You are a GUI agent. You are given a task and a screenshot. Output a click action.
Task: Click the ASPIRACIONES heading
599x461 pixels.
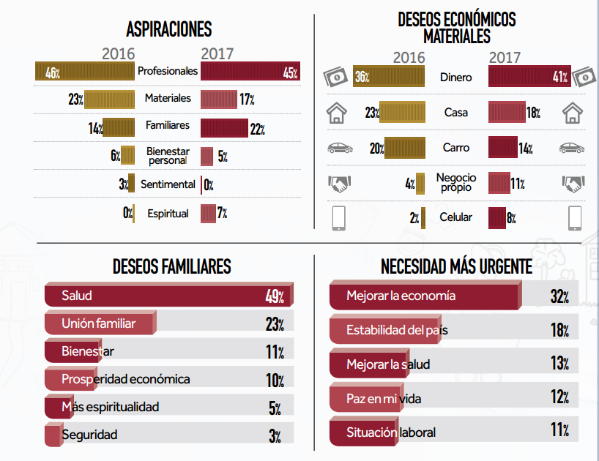[168, 29]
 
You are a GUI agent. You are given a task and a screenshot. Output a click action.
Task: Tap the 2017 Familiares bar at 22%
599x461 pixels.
[224, 128]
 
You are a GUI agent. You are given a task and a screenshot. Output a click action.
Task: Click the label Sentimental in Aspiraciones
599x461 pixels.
[168, 184]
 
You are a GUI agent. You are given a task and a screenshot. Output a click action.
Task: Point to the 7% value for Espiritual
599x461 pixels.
[222, 214]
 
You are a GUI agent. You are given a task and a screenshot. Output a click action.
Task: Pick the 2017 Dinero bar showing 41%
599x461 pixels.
[524, 77]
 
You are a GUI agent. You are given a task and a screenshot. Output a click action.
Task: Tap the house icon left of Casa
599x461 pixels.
[336, 113]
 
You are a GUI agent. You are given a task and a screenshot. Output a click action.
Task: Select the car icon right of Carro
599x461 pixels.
[572, 148]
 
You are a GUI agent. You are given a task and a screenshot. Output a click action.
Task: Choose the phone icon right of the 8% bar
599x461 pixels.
[575, 217]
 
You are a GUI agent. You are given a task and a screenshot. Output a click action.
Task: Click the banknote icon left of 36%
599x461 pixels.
[335, 77]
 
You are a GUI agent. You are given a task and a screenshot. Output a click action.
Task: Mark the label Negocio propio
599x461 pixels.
[456, 182]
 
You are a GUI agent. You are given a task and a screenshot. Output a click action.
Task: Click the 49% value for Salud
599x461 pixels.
[275, 296]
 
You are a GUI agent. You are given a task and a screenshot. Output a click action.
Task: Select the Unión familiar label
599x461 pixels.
[98, 323]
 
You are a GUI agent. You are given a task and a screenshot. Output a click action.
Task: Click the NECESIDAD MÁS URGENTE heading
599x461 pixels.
[456, 267]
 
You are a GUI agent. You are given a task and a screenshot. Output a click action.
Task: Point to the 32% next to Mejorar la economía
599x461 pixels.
[559, 296]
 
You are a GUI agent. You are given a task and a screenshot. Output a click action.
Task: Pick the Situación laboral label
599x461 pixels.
[391, 432]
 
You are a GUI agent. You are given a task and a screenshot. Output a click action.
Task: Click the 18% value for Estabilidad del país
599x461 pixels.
[559, 330]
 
